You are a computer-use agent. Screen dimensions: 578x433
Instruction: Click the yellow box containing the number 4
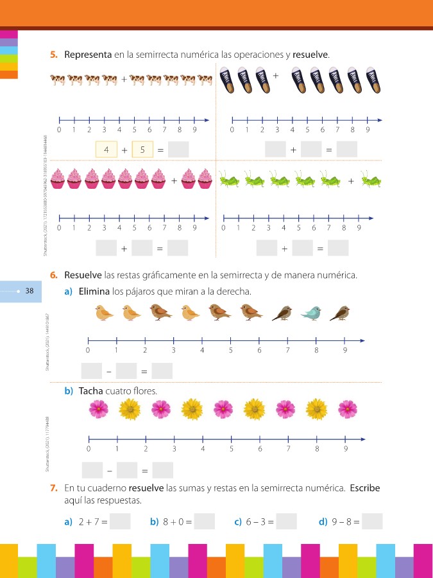(x=106, y=150)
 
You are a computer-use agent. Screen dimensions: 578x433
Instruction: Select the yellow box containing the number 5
(x=142, y=150)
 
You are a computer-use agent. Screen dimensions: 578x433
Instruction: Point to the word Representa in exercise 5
(x=88, y=55)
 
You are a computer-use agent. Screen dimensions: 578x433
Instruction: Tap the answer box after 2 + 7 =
(x=120, y=521)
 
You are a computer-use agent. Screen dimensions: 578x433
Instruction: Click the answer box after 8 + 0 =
(x=204, y=521)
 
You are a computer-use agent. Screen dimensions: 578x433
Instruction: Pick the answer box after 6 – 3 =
(x=286, y=521)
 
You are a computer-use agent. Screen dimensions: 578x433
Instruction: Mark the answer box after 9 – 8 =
(x=372, y=521)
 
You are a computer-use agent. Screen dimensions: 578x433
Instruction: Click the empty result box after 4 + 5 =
(x=178, y=150)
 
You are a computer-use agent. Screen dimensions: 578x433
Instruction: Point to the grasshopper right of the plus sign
(x=371, y=180)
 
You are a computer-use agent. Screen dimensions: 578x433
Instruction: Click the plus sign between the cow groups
(x=124, y=80)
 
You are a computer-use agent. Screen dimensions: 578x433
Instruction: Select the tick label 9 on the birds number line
(x=345, y=351)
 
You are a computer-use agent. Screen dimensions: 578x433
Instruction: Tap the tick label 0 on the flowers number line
(x=88, y=449)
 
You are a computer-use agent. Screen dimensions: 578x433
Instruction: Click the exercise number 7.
(x=55, y=488)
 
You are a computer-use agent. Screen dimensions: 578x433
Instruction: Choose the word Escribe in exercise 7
(x=364, y=488)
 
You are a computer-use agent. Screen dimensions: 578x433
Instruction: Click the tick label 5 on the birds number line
(x=230, y=351)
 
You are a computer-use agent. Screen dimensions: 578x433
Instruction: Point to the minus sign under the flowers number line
(x=108, y=471)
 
